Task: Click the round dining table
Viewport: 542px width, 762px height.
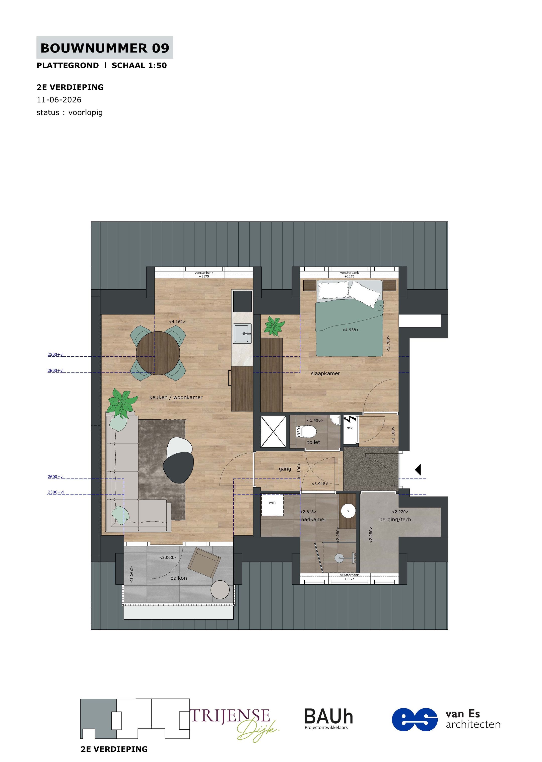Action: tap(158, 353)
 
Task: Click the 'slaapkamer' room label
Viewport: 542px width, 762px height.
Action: tap(325, 373)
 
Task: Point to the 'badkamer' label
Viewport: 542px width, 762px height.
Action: tap(314, 519)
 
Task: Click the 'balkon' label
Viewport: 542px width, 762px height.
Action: tap(179, 578)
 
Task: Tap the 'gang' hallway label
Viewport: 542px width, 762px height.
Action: tap(285, 469)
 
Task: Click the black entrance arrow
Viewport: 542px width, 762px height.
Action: tap(418, 470)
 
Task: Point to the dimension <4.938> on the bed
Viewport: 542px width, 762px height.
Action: tap(351, 330)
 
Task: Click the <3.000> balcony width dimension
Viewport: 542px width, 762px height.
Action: tap(167, 557)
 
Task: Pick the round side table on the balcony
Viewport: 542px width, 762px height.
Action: tap(220, 590)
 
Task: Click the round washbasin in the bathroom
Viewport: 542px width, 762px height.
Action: tap(348, 511)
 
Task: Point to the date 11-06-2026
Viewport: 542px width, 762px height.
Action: tap(59, 99)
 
